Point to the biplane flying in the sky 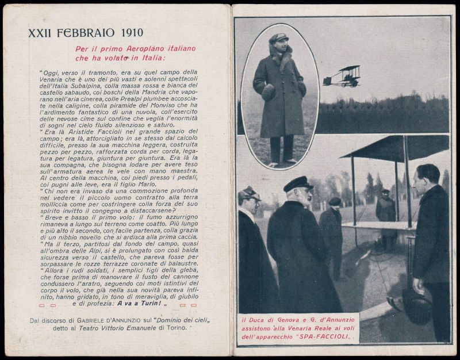pos(343,76)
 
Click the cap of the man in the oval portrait pos(279,37)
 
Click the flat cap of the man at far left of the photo pos(249,193)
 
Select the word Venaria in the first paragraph pos(56,79)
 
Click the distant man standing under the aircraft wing pos(385,213)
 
